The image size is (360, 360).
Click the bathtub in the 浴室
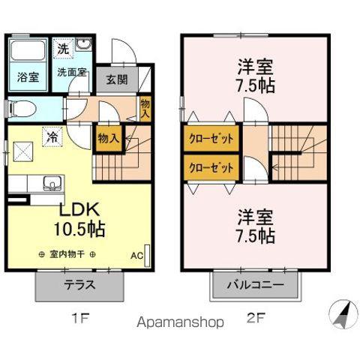click(x=28, y=50)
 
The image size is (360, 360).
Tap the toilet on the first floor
click(x=22, y=109)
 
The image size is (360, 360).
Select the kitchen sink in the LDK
click(x=52, y=183)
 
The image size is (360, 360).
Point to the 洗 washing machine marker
click(x=63, y=49)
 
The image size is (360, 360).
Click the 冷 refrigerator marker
click(x=52, y=136)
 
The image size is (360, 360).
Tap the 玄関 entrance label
click(x=117, y=79)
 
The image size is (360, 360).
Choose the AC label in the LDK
click(x=136, y=256)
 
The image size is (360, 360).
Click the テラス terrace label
click(x=80, y=285)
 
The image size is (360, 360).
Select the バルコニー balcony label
click(x=255, y=285)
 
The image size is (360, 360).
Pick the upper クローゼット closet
click(x=211, y=139)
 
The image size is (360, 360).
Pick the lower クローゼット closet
click(x=211, y=167)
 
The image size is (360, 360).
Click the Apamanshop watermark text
click(x=180, y=322)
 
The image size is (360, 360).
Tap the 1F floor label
click(x=79, y=318)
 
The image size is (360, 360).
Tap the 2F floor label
click(x=255, y=318)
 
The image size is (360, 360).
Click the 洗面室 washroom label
click(x=72, y=72)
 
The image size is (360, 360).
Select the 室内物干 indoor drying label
click(x=67, y=255)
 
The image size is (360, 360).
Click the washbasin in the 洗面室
click(x=84, y=45)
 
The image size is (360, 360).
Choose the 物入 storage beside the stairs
click(x=109, y=139)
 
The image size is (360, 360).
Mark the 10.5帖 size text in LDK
click(x=79, y=229)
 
